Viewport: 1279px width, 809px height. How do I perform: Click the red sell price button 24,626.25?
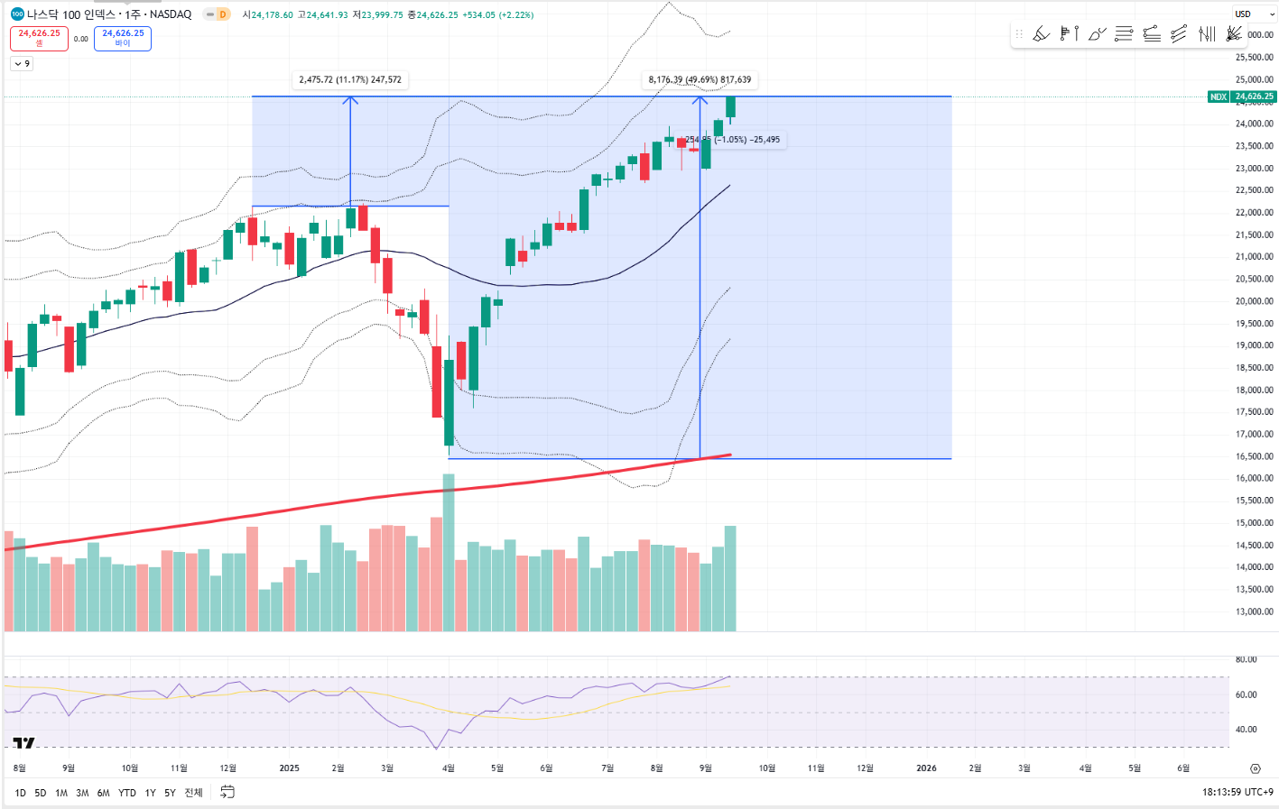click(39, 38)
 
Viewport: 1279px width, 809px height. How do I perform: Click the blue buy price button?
click(123, 38)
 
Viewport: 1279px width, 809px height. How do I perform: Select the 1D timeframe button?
click(20, 793)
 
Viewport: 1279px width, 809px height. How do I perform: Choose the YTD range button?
click(127, 793)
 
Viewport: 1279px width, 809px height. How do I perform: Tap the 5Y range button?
click(170, 793)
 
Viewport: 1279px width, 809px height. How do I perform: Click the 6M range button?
click(103, 793)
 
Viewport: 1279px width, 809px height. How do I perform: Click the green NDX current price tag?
click(1241, 97)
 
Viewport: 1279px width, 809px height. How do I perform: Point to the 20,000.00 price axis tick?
click(1254, 301)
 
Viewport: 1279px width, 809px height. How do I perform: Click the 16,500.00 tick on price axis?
click(1254, 456)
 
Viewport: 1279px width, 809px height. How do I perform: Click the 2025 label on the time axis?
click(289, 768)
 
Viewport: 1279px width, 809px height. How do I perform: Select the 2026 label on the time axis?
click(926, 768)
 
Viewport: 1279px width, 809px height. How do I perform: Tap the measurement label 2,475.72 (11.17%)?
click(350, 79)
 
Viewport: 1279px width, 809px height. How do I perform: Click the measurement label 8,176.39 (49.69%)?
click(700, 79)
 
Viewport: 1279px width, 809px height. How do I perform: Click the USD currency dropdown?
click(1254, 14)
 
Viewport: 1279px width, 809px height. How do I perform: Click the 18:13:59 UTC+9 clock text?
click(1237, 792)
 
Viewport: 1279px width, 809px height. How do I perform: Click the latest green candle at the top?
click(730, 106)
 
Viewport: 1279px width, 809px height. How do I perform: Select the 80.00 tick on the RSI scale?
click(1246, 659)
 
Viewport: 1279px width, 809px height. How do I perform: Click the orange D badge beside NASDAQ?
click(222, 14)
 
